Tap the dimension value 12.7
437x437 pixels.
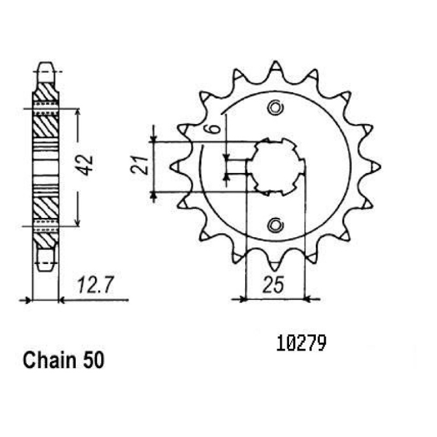pyautogui.click(x=96, y=285)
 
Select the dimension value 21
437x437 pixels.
pyautogui.click(x=139, y=165)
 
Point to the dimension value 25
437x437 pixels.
pyautogui.click(x=273, y=285)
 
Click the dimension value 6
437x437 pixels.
pyautogui.click(x=214, y=129)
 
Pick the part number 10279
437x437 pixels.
pyautogui.click(x=301, y=343)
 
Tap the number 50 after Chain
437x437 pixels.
pyautogui.click(x=93, y=360)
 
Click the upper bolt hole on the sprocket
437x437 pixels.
pyautogui.click(x=276, y=108)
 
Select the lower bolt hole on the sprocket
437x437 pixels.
pyautogui.click(x=276, y=225)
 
